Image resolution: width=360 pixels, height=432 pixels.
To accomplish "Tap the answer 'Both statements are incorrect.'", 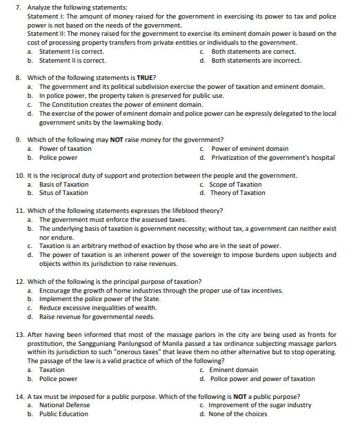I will click(x=256, y=60).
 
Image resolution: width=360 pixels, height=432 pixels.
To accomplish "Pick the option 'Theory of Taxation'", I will click(x=238, y=193).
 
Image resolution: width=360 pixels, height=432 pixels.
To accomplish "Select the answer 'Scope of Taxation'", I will click(x=237, y=184).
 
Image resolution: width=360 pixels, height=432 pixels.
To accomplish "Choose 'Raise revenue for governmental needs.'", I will click(x=97, y=317).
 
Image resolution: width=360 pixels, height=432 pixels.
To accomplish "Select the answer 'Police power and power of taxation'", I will click(x=263, y=378).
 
